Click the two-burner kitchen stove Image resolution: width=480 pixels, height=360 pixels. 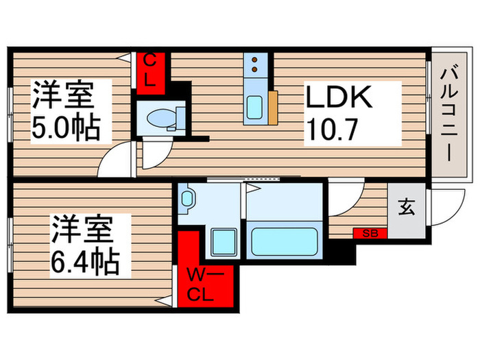[x=254, y=64]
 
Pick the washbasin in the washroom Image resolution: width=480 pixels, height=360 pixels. [x=187, y=201]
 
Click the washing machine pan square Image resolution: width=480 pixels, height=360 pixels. [x=222, y=242]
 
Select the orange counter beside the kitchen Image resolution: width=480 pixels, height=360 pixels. [x=273, y=107]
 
